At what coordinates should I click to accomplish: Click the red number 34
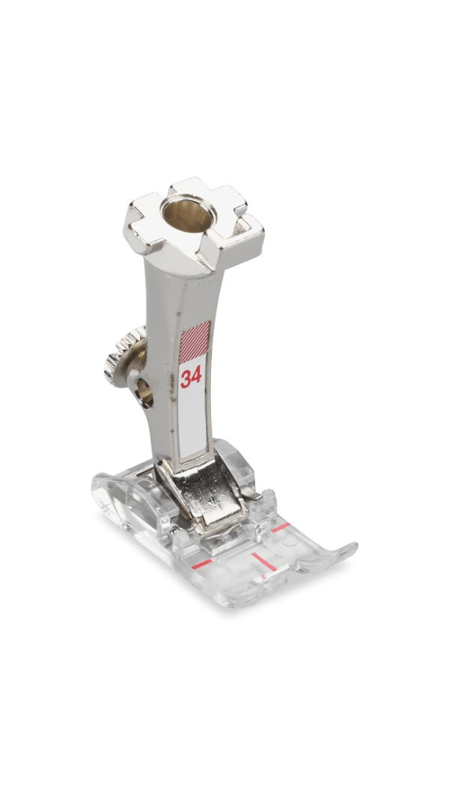point(191,377)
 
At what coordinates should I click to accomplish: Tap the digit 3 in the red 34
point(186,379)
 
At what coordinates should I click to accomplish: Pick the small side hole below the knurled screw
point(144,393)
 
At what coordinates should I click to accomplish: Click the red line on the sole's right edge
point(281,527)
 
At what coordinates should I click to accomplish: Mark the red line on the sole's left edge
point(202,564)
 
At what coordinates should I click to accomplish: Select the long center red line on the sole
point(263,561)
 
